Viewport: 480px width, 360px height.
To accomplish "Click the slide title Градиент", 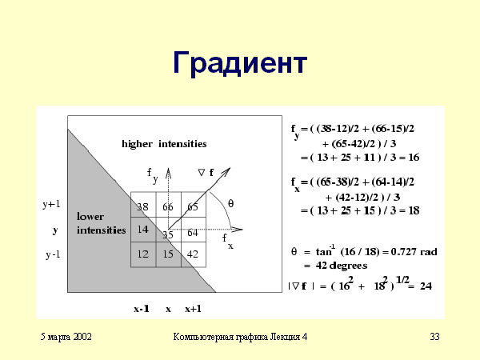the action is click(240, 63).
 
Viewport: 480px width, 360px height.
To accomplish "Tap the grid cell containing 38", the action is click(143, 205).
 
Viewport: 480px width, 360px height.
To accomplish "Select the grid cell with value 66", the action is click(168, 205).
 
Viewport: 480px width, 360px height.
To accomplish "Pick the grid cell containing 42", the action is click(194, 254).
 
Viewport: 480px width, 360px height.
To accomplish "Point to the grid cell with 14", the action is click(143, 230).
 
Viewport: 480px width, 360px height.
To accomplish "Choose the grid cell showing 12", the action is click(143, 254).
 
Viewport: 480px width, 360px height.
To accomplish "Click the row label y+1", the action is click(51, 204).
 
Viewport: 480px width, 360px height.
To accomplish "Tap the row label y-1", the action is click(53, 254).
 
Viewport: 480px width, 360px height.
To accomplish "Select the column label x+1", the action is click(193, 309).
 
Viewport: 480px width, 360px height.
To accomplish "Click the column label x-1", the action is click(142, 309).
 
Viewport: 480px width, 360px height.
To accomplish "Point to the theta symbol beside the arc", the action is click(231, 203).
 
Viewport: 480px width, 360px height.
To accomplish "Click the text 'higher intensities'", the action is click(164, 144).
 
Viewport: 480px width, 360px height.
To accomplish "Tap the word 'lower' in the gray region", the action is click(90, 217).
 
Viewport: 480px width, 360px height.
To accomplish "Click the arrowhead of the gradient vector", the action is click(227, 171).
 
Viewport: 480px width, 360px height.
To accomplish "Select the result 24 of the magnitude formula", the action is click(426, 286).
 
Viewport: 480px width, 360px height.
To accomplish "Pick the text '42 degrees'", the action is click(342, 266).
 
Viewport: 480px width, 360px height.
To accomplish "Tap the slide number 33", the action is click(434, 337).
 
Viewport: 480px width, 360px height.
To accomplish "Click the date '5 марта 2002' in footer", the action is click(66, 337).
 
